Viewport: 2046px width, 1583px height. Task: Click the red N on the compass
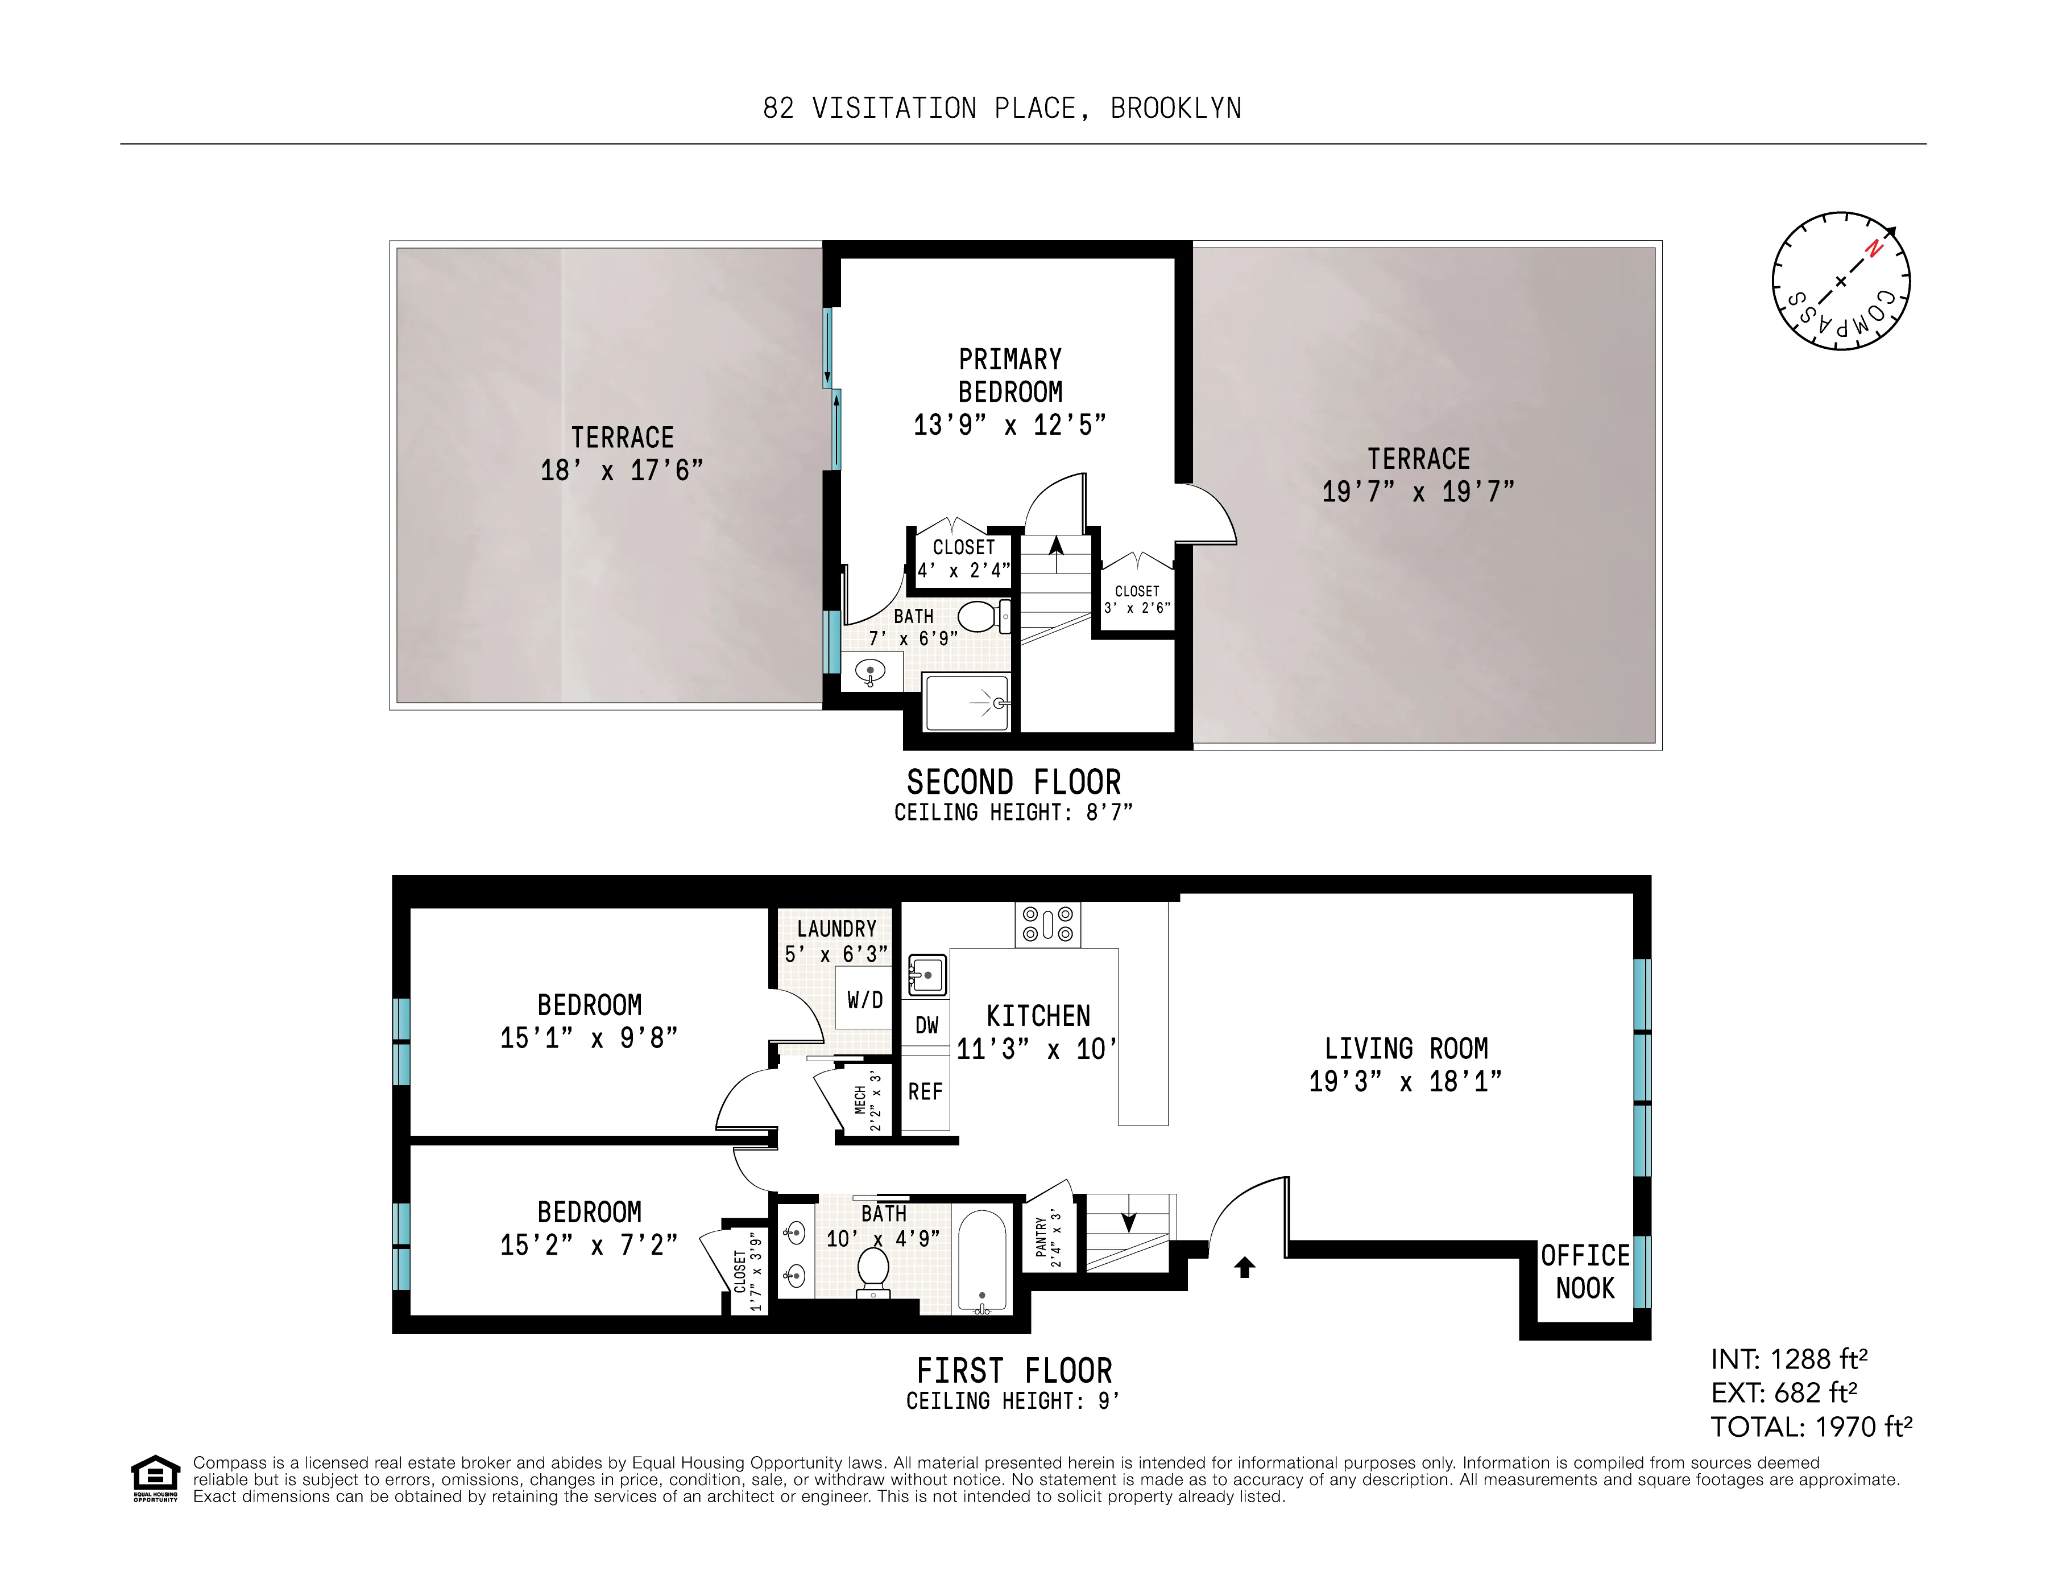coord(1873,248)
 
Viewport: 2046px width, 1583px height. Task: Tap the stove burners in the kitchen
coord(1047,924)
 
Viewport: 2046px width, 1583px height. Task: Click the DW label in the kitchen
coord(926,1025)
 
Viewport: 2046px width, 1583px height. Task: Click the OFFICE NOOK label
coord(1585,1271)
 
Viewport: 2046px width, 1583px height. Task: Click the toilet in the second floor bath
coord(979,617)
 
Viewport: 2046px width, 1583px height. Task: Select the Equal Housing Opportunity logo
coord(155,1478)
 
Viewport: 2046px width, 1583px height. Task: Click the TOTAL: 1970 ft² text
coord(1810,1427)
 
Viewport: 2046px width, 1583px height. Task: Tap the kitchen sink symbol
coord(926,975)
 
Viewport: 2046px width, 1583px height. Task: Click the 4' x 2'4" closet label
coord(963,570)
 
